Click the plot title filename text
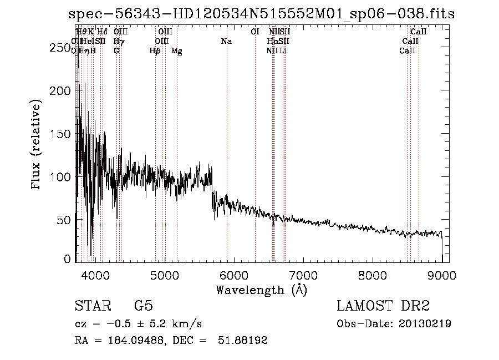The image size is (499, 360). (x=261, y=14)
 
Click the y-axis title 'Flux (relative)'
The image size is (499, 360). (x=37, y=146)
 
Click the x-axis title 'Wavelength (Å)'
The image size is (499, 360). (x=262, y=290)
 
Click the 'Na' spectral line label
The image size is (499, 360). (x=226, y=42)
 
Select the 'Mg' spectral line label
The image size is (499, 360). (x=177, y=51)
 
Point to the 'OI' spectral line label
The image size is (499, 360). (x=255, y=32)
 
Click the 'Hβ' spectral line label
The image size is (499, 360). (x=155, y=51)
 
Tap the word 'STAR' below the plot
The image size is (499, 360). (x=91, y=306)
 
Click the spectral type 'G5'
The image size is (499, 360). (x=143, y=306)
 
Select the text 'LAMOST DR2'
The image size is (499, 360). (x=383, y=306)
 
